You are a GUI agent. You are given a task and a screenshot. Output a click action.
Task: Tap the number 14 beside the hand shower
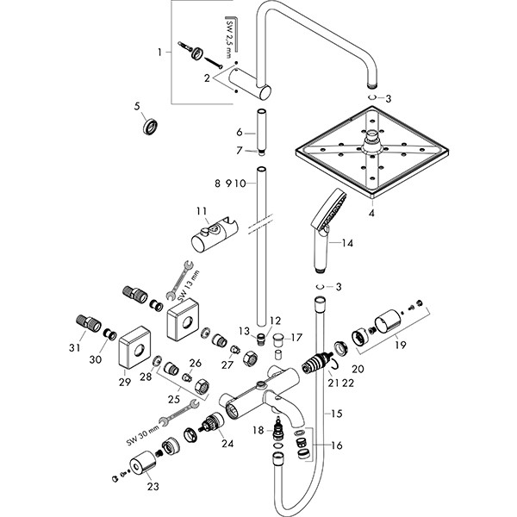347,244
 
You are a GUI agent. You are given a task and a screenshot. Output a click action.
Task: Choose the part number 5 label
136,107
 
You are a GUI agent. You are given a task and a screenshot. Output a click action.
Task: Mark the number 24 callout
227,445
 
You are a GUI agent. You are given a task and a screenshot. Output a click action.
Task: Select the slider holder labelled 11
209,237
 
